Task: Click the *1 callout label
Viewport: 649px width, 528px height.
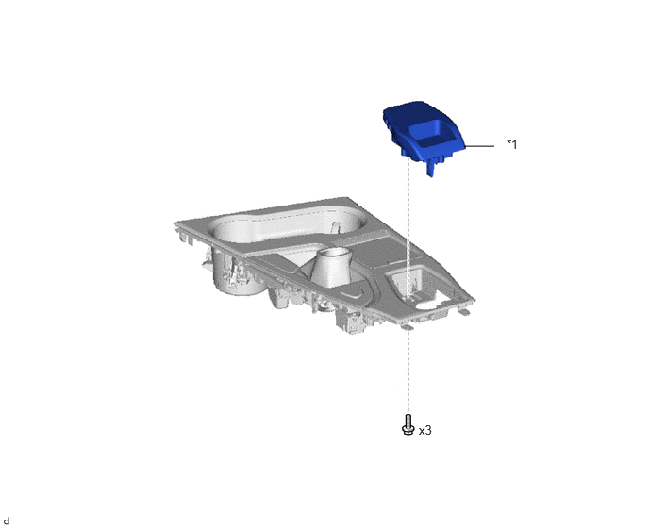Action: (512, 144)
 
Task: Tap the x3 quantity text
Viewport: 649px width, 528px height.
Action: (425, 431)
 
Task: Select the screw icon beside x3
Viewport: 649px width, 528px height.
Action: (408, 424)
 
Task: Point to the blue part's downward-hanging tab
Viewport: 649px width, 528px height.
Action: (431, 169)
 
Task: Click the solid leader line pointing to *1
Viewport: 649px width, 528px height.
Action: (480, 146)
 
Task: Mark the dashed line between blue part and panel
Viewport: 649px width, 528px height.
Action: (408, 227)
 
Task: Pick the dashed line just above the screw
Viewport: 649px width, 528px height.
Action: (408, 370)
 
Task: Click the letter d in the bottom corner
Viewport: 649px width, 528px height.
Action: (7, 521)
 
